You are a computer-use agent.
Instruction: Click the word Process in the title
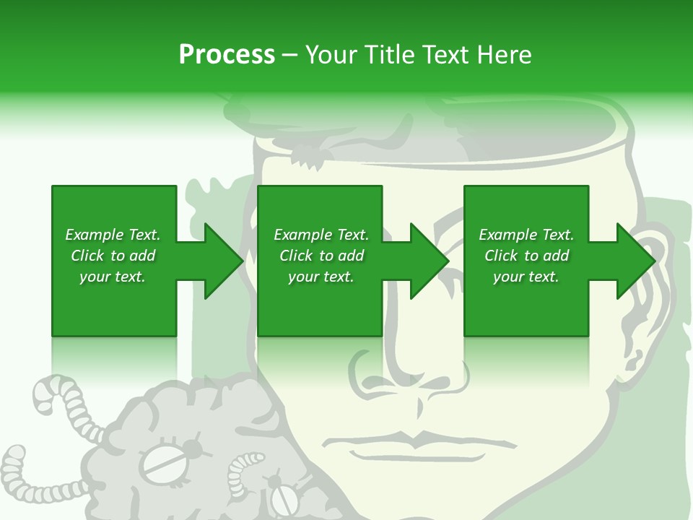pyautogui.click(x=227, y=55)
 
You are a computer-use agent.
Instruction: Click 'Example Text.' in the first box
pyautogui.click(x=113, y=235)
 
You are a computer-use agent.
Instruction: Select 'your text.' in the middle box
pyautogui.click(x=321, y=277)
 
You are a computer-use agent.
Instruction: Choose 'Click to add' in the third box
pyautogui.click(x=526, y=256)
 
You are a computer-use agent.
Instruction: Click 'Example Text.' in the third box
pyautogui.click(x=526, y=235)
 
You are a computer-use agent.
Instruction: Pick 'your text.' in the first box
pyautogui.click(x=113, y=277)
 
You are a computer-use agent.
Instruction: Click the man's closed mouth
pyautogui.click(x=415, y=439)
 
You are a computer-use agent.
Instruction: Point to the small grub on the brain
pyautogui.click(x=242, y=473)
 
